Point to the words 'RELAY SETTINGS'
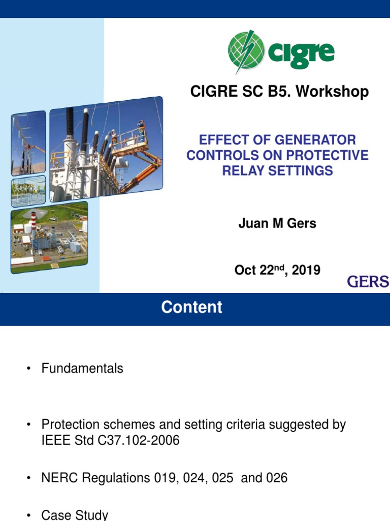[x=277, y=170]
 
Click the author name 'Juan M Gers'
[x=277, y=224]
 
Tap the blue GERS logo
[x=368, y=281]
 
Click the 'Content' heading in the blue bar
[x=191, y=307]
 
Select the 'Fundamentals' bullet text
[x=82, y=368]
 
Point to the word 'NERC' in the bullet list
[x=58, y=478]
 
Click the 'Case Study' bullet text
[x=75, y=514]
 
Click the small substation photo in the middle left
[x=28, y=191]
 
